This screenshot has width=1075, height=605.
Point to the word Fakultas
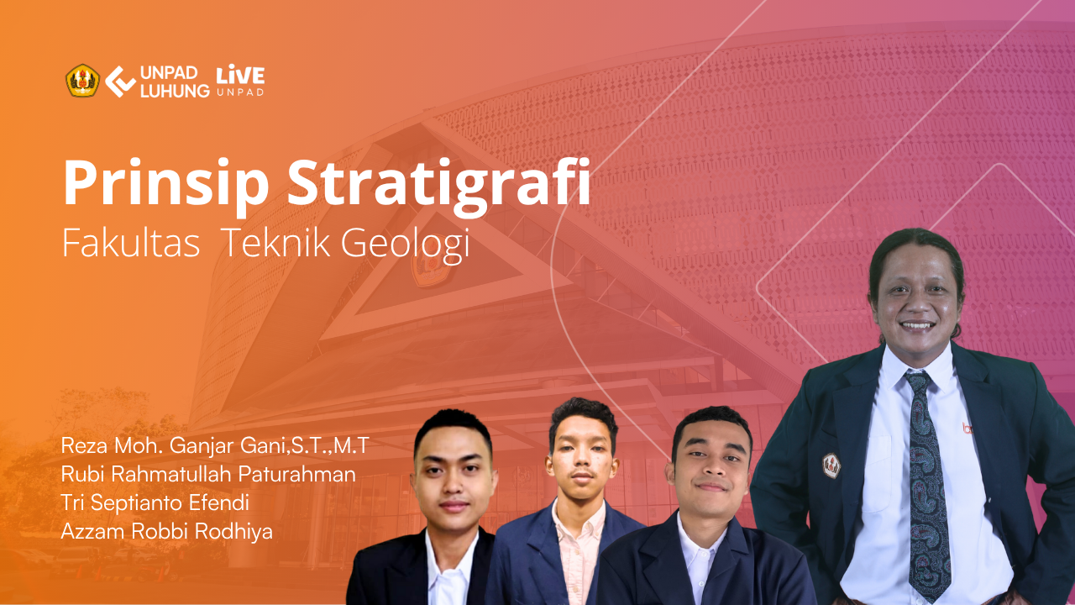coord(130,243)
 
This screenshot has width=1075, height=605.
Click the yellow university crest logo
coord(82,81)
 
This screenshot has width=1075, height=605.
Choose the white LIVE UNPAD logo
coord(240,80)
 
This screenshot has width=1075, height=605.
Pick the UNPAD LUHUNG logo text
coord(175,82)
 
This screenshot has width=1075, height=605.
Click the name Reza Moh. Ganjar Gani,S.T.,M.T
coord(214,445)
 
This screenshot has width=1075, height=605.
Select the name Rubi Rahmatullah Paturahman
coord(208,475)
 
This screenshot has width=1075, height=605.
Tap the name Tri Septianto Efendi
coord(155,502)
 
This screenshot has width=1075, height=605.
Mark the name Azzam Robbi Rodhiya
coord(166,531)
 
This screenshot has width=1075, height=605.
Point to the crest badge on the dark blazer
coord(831,465)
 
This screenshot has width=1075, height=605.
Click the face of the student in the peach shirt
coord(582,456)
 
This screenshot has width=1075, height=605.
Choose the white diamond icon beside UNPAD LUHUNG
coord(120,82)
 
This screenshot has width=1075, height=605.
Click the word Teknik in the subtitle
coord(276,243)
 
